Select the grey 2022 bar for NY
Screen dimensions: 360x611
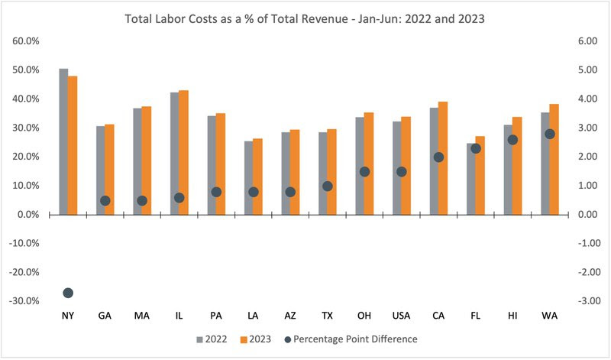[x=63, y=141]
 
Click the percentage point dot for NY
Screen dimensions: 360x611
[x=68, y=293]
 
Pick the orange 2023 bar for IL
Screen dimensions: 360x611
[x=183, y=152]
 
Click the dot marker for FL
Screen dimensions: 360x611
[x=475, y=148]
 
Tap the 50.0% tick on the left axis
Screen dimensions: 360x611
[x=27, y=70]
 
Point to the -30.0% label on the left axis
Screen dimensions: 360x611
[x=25, y=301]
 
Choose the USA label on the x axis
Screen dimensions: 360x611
[x=400, y=314]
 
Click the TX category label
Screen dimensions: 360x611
[x=326, y=314]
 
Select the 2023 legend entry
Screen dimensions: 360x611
[x=259, y=337]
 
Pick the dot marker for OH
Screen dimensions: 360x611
[x=364, y=172]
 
